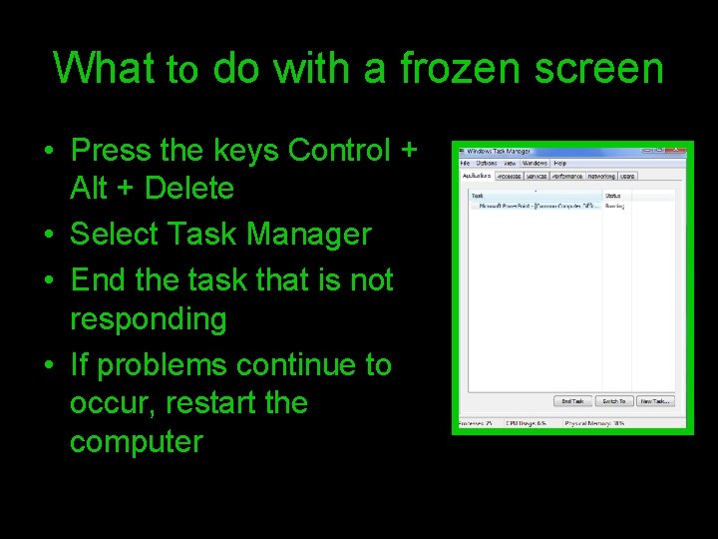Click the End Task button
pyautogui.click(x=572, y=401)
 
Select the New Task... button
pyautogui.click(x=655, y=401)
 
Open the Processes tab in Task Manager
pyautogui.click(x=509, y=176)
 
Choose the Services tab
pyautogui.click(x=537, y=176)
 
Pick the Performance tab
pyautogui.click(x=567, y=176)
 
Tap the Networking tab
pyautogui.click(x=601, y=176)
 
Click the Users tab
pyautogui.click(x=627, y=176)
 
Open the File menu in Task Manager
pyautogui.click(x=464, y=163)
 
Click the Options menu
pyautogui.click(x=486, y=163)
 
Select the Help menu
pyautogui.click(x=559, y=163)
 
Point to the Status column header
pyautogui.click(x=613, y=196)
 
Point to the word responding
pyautogui.click(x=149, y=319)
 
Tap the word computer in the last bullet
pyautogui.click(x=136, y=441)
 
